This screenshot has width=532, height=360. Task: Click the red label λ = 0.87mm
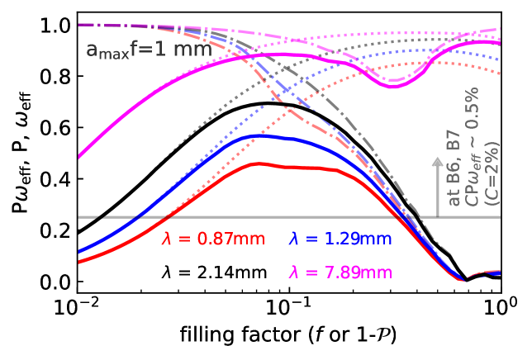click(x=213, y=239)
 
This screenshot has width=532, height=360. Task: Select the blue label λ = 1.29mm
click(x=340, y=239)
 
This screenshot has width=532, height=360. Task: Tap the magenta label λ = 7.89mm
click(x=340, y=272)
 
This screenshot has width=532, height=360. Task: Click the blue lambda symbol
click(x=293, y=239)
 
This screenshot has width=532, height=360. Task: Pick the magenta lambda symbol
click(x=293, y=272)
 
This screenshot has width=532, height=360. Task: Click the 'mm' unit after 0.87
click(x=249, y=239)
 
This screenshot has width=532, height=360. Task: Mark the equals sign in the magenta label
click(x=311, y=273)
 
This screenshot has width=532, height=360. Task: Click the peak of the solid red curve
click(x=258, y=163)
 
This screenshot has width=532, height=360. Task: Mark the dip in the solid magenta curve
click(x=394, y=85)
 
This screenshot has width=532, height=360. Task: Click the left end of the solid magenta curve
click(x=78, y=157)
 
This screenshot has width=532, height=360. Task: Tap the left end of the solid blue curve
click(x=78, y=252)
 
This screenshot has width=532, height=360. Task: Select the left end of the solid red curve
click(x=78, y=263)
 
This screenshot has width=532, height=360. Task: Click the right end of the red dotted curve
click(x=500, y=74)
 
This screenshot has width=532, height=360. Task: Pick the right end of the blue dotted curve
click(x=500, y=59)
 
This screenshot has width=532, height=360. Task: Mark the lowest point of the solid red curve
click(x=464, y=281)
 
